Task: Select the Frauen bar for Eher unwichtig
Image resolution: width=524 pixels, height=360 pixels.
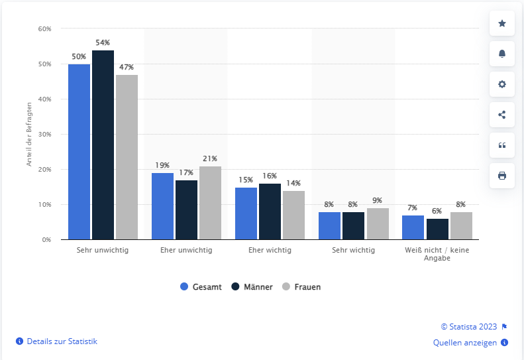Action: coord(210,203)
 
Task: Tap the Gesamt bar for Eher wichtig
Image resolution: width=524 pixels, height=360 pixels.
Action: coord(246,213)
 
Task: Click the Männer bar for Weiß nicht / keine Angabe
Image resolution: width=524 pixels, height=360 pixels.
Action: coord(437,229)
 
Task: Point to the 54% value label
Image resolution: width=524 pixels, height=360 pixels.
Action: coord(103,43)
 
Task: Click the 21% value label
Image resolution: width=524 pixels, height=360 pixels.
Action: coord(210,158)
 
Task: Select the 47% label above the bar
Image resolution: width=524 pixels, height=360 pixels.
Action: coord(127,67)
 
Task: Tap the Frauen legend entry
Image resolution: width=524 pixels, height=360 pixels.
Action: coord(301,287)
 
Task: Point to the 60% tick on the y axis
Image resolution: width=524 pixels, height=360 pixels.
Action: coord(44,29)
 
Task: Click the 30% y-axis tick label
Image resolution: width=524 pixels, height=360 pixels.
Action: coord(44,135)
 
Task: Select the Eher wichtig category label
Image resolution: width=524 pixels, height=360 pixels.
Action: coord(270,251)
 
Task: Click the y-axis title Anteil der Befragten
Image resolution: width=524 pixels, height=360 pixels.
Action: coord(29,134)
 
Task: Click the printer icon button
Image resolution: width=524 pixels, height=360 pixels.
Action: coord(501,176)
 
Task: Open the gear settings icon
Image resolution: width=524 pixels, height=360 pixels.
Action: coord(501,84)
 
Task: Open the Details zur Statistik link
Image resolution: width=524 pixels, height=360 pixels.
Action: coord(61,341)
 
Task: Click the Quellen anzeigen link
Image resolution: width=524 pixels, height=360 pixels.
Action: coord(465,343)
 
